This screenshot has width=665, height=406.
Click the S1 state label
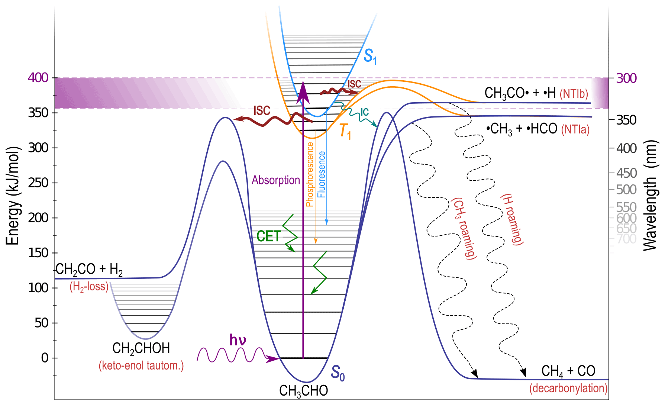(x=370, y=57)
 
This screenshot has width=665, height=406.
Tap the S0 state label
(x=338, y=373)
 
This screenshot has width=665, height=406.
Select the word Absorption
(x=276, y=180)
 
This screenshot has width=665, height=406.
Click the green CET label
(x=268, y=236)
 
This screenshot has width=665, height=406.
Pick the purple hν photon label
(x=238, y=340)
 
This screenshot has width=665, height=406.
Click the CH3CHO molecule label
(x=303, y=391)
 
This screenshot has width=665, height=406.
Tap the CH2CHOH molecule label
(x=141, y=348)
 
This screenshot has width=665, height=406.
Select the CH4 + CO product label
(x=568, y=371)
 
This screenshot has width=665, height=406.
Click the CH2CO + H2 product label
(x=89, y=270)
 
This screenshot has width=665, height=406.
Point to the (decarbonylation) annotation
(x=568, y=389)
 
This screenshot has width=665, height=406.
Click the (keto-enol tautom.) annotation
(x=141, y=366)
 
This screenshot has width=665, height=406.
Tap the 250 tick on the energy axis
(x=38, y=183)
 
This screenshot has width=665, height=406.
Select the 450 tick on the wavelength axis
(x=627, y=173)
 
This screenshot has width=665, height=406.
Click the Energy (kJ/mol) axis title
(x=13, y=196)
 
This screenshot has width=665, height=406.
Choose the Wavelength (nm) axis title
(x=650, y=195)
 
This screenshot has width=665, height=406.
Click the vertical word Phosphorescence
(x=310, y=175)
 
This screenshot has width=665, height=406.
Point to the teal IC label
(x=364, y=113)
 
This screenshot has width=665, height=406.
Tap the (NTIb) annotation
(x=574, y=94)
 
